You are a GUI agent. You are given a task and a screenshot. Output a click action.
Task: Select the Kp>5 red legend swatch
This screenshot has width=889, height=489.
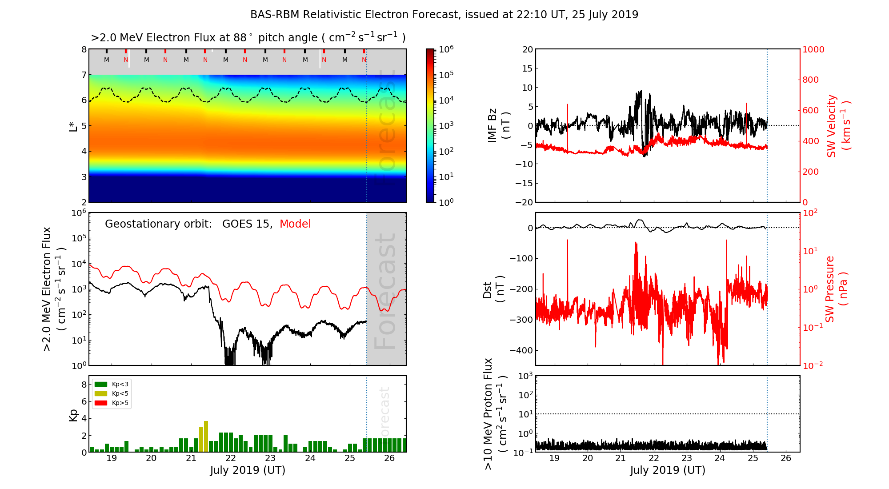pos(101,403)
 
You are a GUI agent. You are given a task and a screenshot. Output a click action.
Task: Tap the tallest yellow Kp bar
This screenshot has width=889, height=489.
pos(206,436)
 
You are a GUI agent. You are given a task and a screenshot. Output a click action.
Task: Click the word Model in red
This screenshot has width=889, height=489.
pos(295,224)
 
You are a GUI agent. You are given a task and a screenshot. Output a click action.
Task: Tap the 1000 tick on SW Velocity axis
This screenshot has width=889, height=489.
pos(813,50)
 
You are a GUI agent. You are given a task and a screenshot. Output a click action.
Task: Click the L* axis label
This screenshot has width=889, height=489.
pos(73,126)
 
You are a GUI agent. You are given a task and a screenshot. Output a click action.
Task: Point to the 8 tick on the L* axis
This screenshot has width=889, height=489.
pos(84,50)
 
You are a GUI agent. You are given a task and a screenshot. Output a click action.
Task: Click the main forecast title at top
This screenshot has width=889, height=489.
pos(444,15)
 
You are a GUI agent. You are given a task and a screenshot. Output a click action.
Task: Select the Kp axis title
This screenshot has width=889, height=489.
pos(73,415)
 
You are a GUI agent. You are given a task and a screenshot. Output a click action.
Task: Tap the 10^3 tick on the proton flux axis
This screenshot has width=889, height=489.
pos(526,376)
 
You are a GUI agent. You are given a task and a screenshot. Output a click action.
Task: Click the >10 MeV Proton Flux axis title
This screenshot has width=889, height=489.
pos(495,414)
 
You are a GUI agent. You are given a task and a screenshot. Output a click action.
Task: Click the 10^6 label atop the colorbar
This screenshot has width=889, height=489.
pos(446,49)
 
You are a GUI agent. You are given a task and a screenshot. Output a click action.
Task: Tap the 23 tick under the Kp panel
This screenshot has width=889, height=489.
pos(270,458)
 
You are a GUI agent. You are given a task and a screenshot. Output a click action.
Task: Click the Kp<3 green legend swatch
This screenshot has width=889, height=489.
pos(101,384)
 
